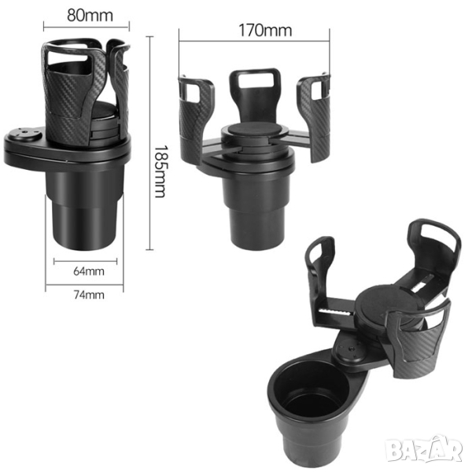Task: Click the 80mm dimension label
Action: pyautogui.click(x=90, y=16)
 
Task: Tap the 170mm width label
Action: pyautogui.click(x=265, y=31)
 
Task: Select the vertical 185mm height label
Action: pyautogui.click(x=160, y=171)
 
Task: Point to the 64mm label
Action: pyautogui.click(x=89, y=271)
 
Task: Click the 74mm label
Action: pyautogui.click(x=89, y=295)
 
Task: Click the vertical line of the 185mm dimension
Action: pyautogui.click(x=149, y=143)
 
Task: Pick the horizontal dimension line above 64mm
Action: pyautogui.click(x=86, y=262)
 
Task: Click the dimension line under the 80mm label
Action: pyautogui.click(x=87, y=27)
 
